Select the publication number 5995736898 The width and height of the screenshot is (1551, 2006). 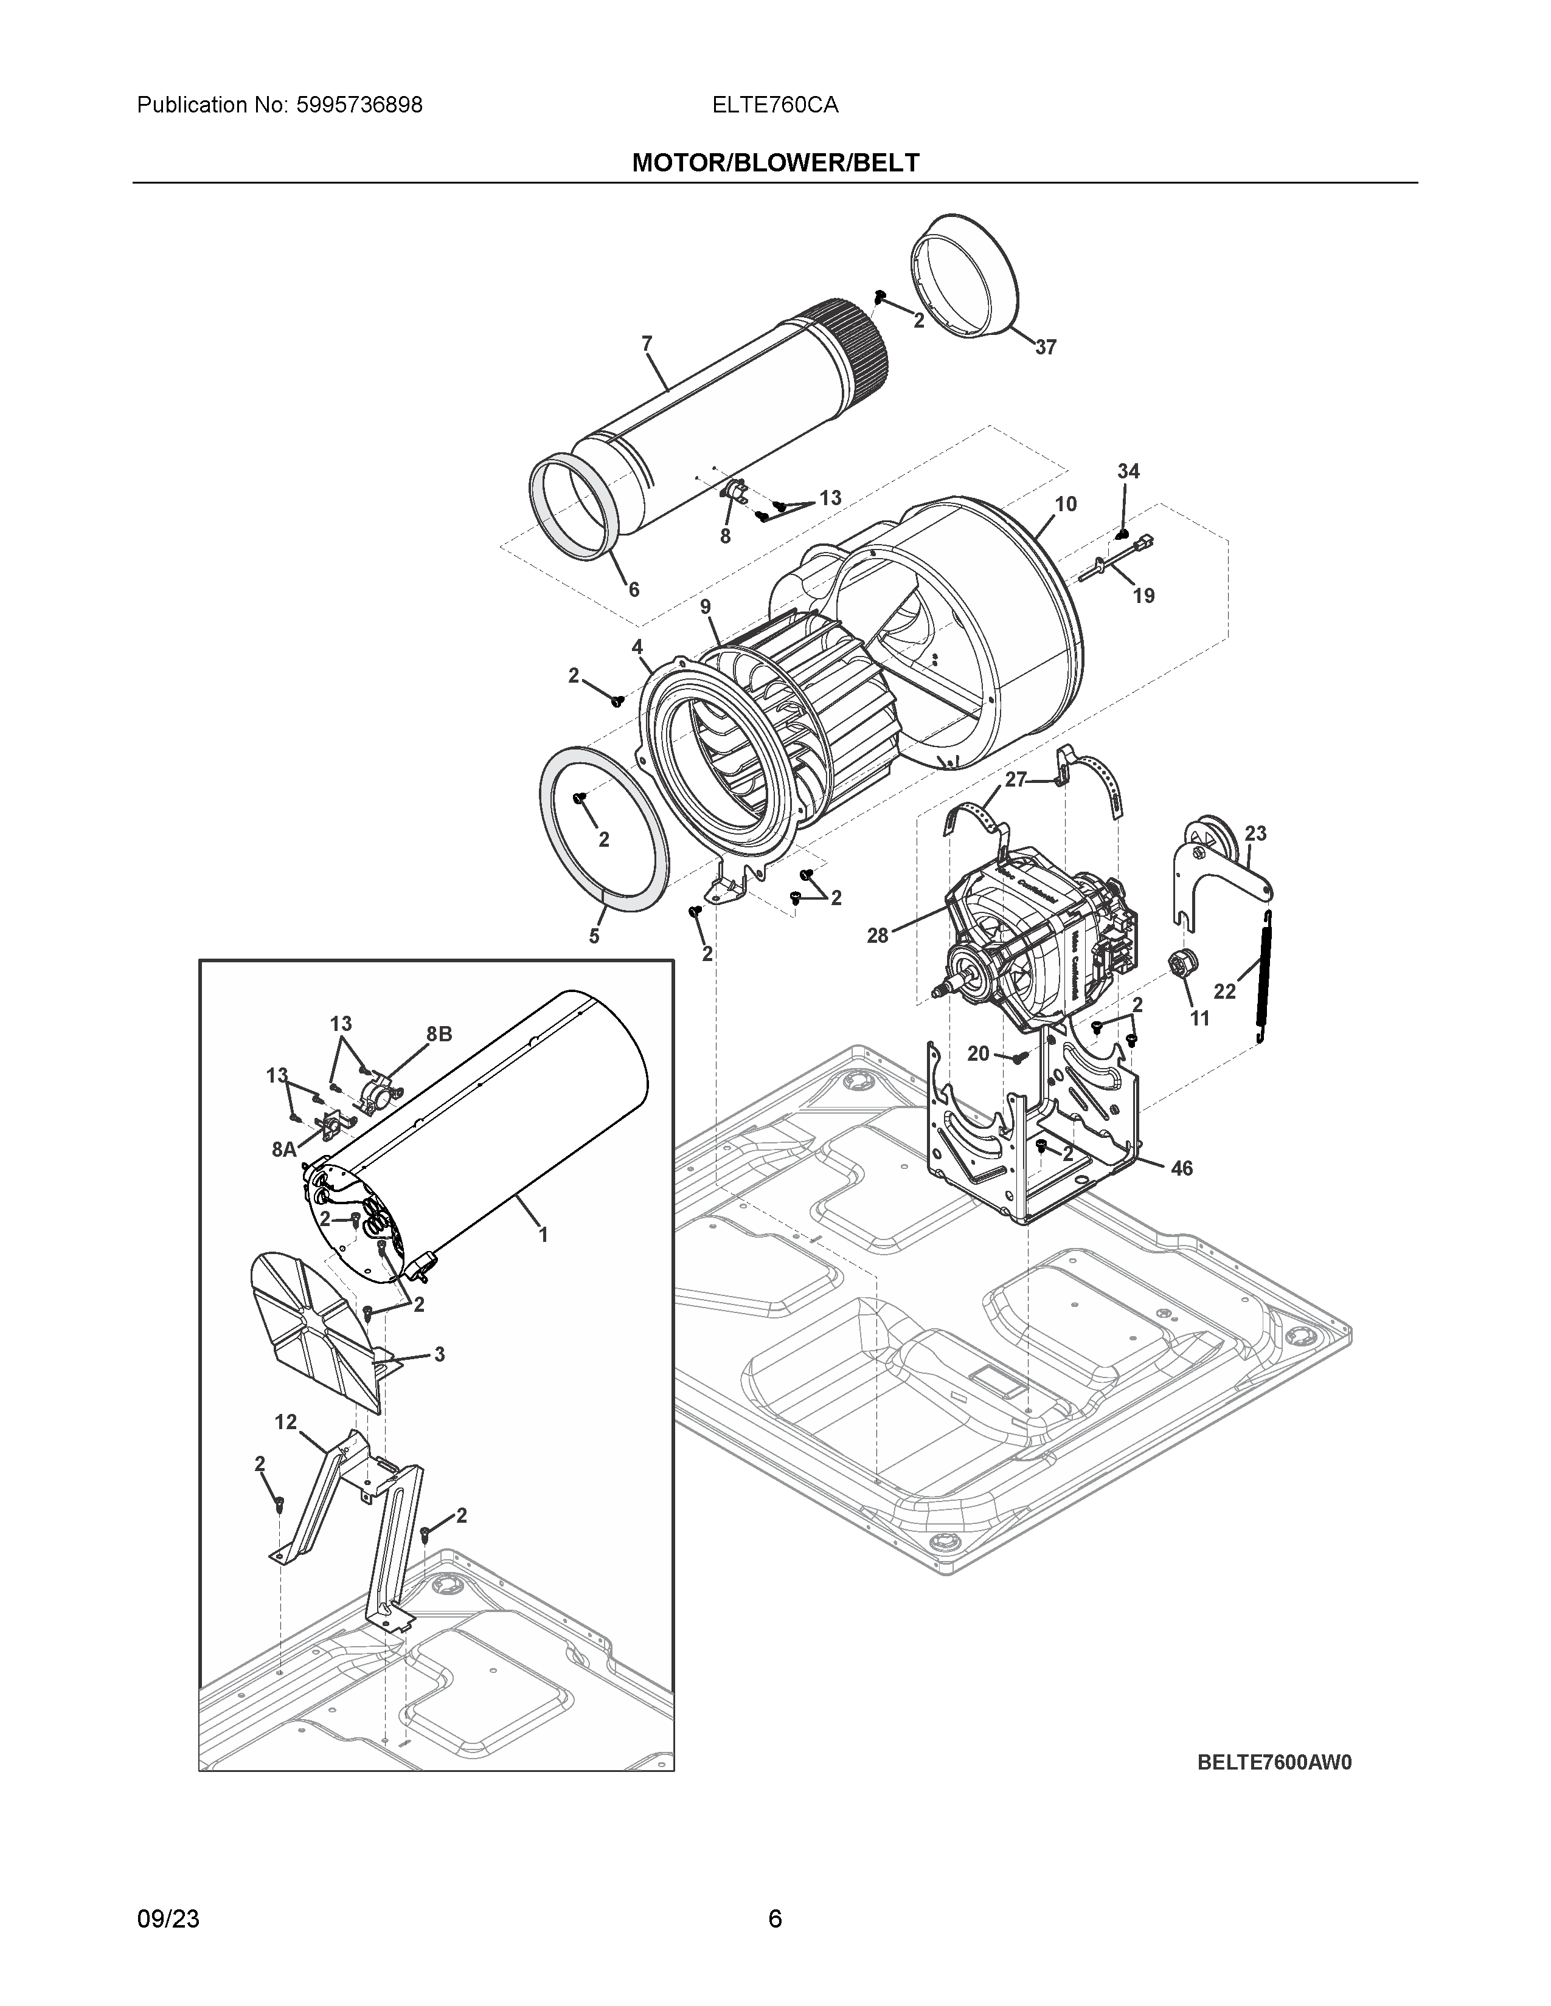point(359,105)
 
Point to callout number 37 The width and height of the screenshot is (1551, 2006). point(1046,347)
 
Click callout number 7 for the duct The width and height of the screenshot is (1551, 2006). point(647,343)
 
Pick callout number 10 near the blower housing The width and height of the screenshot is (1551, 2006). point(1066,505)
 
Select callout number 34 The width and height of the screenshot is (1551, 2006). point(1128,471)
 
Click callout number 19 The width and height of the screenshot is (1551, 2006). point(1143,596)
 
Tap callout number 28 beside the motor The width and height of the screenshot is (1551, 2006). point(878,935)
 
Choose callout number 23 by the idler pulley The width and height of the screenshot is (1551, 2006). point(1255,833)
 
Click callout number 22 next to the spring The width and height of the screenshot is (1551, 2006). point(1225,991)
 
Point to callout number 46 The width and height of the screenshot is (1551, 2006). point(1182,1168)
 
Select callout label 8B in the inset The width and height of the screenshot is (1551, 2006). point(439,1034)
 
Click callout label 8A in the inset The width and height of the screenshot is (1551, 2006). point(284,1149)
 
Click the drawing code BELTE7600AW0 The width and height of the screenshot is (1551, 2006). point(1274,1763)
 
